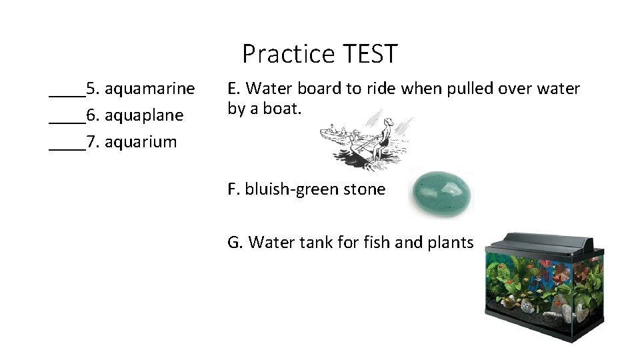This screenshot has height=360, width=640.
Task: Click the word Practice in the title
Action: pyautogui.click(x=288, y=53)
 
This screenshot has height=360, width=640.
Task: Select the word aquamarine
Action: pyautogui.click(x=150, y=88)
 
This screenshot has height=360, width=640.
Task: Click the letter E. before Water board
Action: pyautogui.click(x=233, y=89)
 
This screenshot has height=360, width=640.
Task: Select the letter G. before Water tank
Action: pyautogui.click(x=235, y=242)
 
